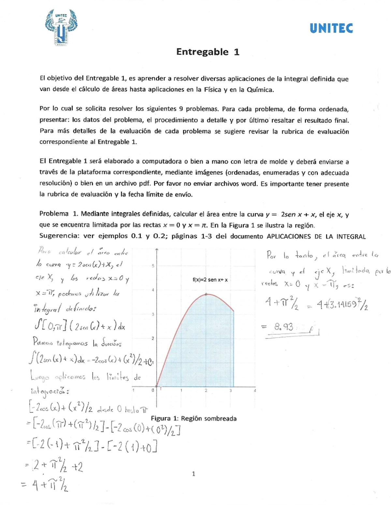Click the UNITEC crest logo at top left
point(61,28)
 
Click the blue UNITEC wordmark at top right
point(331,29)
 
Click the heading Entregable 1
point(208,52)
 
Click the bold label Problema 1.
point(59,214)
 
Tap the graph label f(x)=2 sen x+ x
point(210,280)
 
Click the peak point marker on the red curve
point(206,294)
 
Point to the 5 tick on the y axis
point(153,266)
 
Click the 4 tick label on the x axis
point(255,390)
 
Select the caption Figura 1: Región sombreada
point(194,418)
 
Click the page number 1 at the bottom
point(194,474)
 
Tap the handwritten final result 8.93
point(284,327)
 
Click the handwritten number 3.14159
point(340,305)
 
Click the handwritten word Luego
point(40,376)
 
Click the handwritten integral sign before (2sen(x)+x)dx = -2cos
point(32,359)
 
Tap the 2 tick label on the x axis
point(206,390)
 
